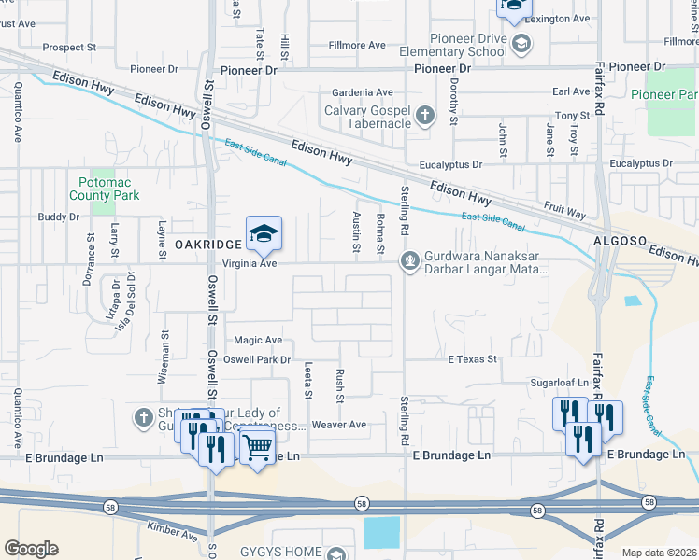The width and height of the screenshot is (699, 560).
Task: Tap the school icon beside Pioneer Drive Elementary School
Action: pos(521,43)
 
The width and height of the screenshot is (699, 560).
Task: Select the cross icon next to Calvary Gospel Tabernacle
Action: pos(425,116)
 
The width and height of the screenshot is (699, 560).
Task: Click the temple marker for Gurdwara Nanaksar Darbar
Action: pos(408,260)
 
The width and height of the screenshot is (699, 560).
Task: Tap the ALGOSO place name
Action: pos(619,242)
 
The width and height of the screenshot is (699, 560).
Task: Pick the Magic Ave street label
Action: pos(258,341)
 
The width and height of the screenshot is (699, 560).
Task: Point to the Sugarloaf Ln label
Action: pos(556,383)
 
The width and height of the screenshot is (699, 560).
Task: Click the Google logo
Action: pos(32,549)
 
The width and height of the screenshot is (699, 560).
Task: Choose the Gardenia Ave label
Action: pos(364,92)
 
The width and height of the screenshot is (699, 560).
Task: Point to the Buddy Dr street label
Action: pos(58,217)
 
